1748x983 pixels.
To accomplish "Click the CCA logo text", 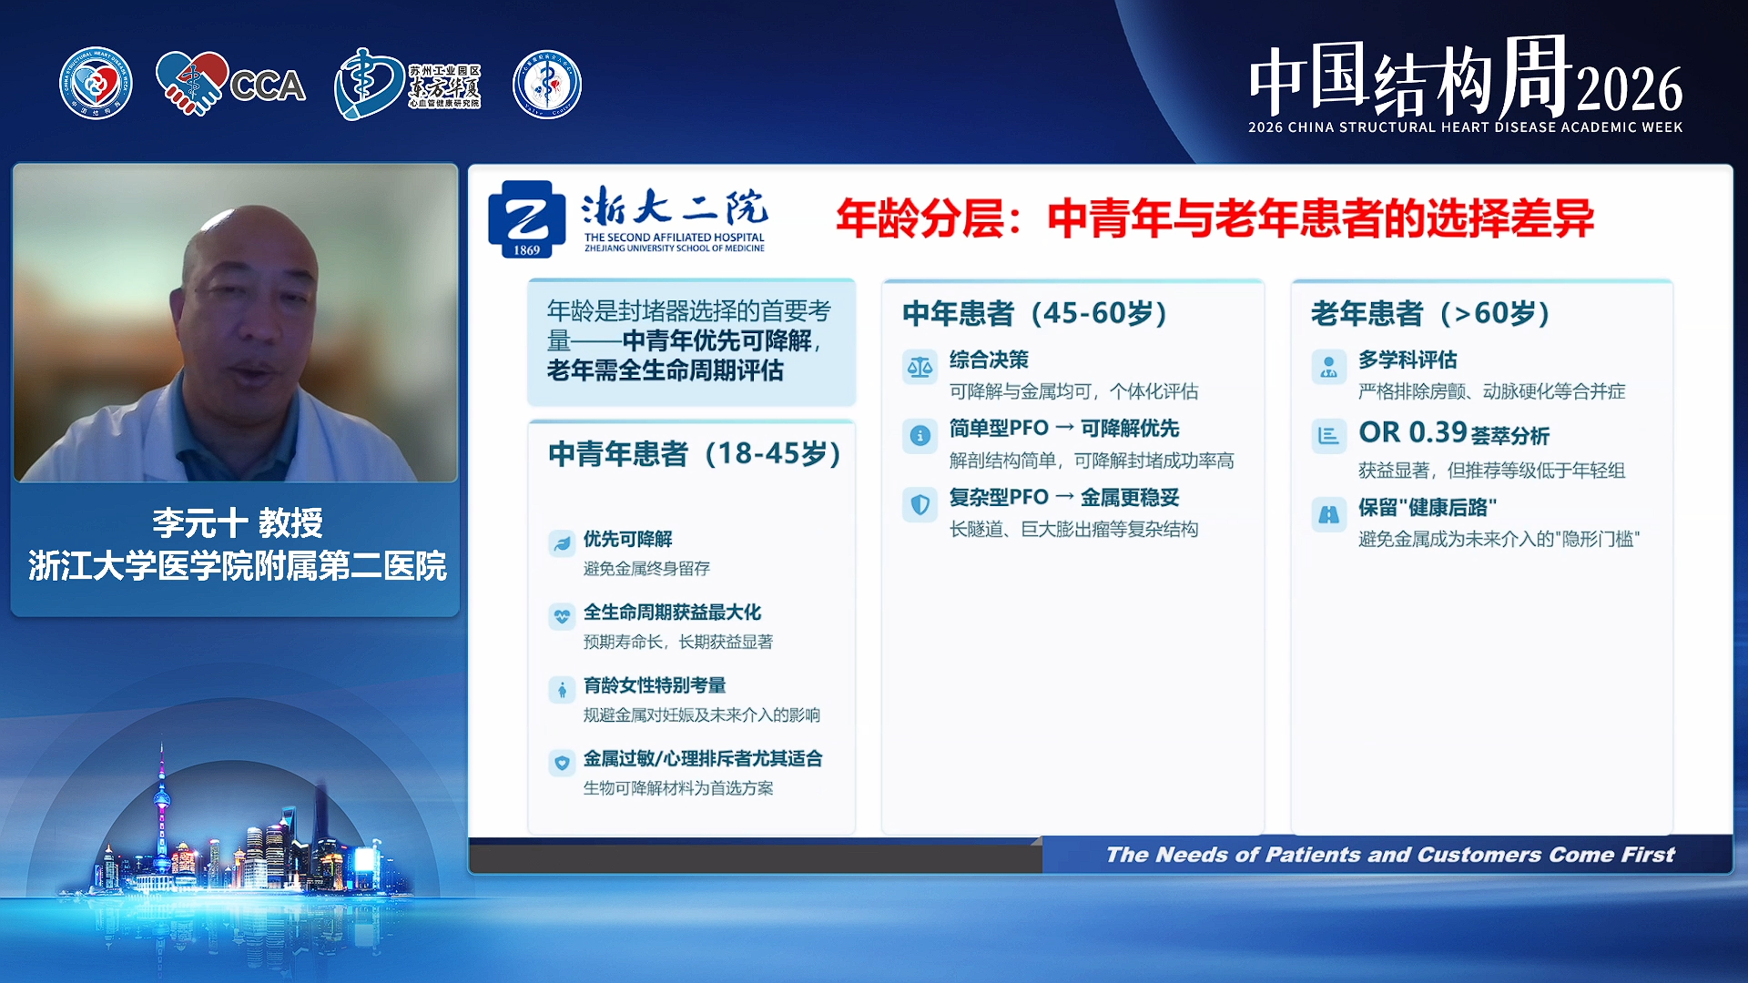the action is [267, 86].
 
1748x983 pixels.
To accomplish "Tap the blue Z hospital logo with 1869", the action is [521, 218].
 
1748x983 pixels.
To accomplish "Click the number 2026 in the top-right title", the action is [1629, 89].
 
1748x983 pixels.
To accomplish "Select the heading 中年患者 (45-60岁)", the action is [1034, 313].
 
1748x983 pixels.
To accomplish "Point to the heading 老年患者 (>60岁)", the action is [1429, 313].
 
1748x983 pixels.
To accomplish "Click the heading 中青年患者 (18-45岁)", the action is [694, 453].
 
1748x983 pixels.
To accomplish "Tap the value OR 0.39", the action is [1413, 431].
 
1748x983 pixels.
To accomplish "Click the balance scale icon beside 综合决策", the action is [920, 367].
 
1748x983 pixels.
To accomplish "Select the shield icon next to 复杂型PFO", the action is [920, 504].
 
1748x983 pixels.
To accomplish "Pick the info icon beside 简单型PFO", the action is [920, 436].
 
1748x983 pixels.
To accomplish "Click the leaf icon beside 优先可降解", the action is [562, 543].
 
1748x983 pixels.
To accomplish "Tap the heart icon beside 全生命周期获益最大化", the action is [562, 616].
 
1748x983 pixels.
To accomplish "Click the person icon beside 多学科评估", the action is [1328, 367].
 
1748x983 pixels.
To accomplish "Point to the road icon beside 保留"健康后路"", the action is [1328, 514].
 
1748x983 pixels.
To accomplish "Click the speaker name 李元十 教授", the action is [237, 522].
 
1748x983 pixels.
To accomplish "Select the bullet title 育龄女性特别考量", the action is [655, 685].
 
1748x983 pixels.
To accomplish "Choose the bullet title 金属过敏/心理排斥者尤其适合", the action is [703, 758].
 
